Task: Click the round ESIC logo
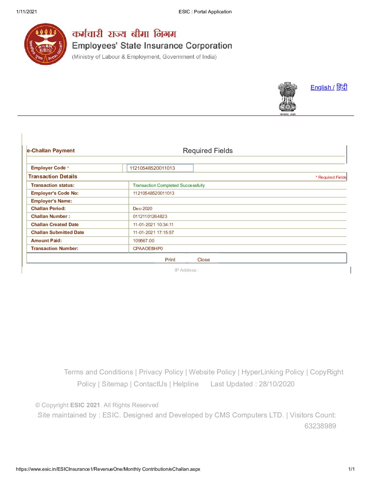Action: pos(46,44)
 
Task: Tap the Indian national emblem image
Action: pos(288,98)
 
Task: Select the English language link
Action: pos(321,87)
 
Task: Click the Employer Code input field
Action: pos(160,168)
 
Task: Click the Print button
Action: pos(170,260)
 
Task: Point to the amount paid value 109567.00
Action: pos(144,240)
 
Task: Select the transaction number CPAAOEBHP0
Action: pos(148,248)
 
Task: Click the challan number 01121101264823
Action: pos(150,216)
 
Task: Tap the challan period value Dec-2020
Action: pos(143,208)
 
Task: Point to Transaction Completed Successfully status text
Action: pos(169,185)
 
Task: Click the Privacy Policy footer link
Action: pos(161,372)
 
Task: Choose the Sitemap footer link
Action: pos(115,384)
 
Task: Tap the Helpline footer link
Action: pos(185,384)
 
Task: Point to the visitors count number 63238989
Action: pos(320,426)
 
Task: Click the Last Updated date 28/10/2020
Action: pos(277,384)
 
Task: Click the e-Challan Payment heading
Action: pos(51,151)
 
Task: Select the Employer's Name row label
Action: pos(51,201)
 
